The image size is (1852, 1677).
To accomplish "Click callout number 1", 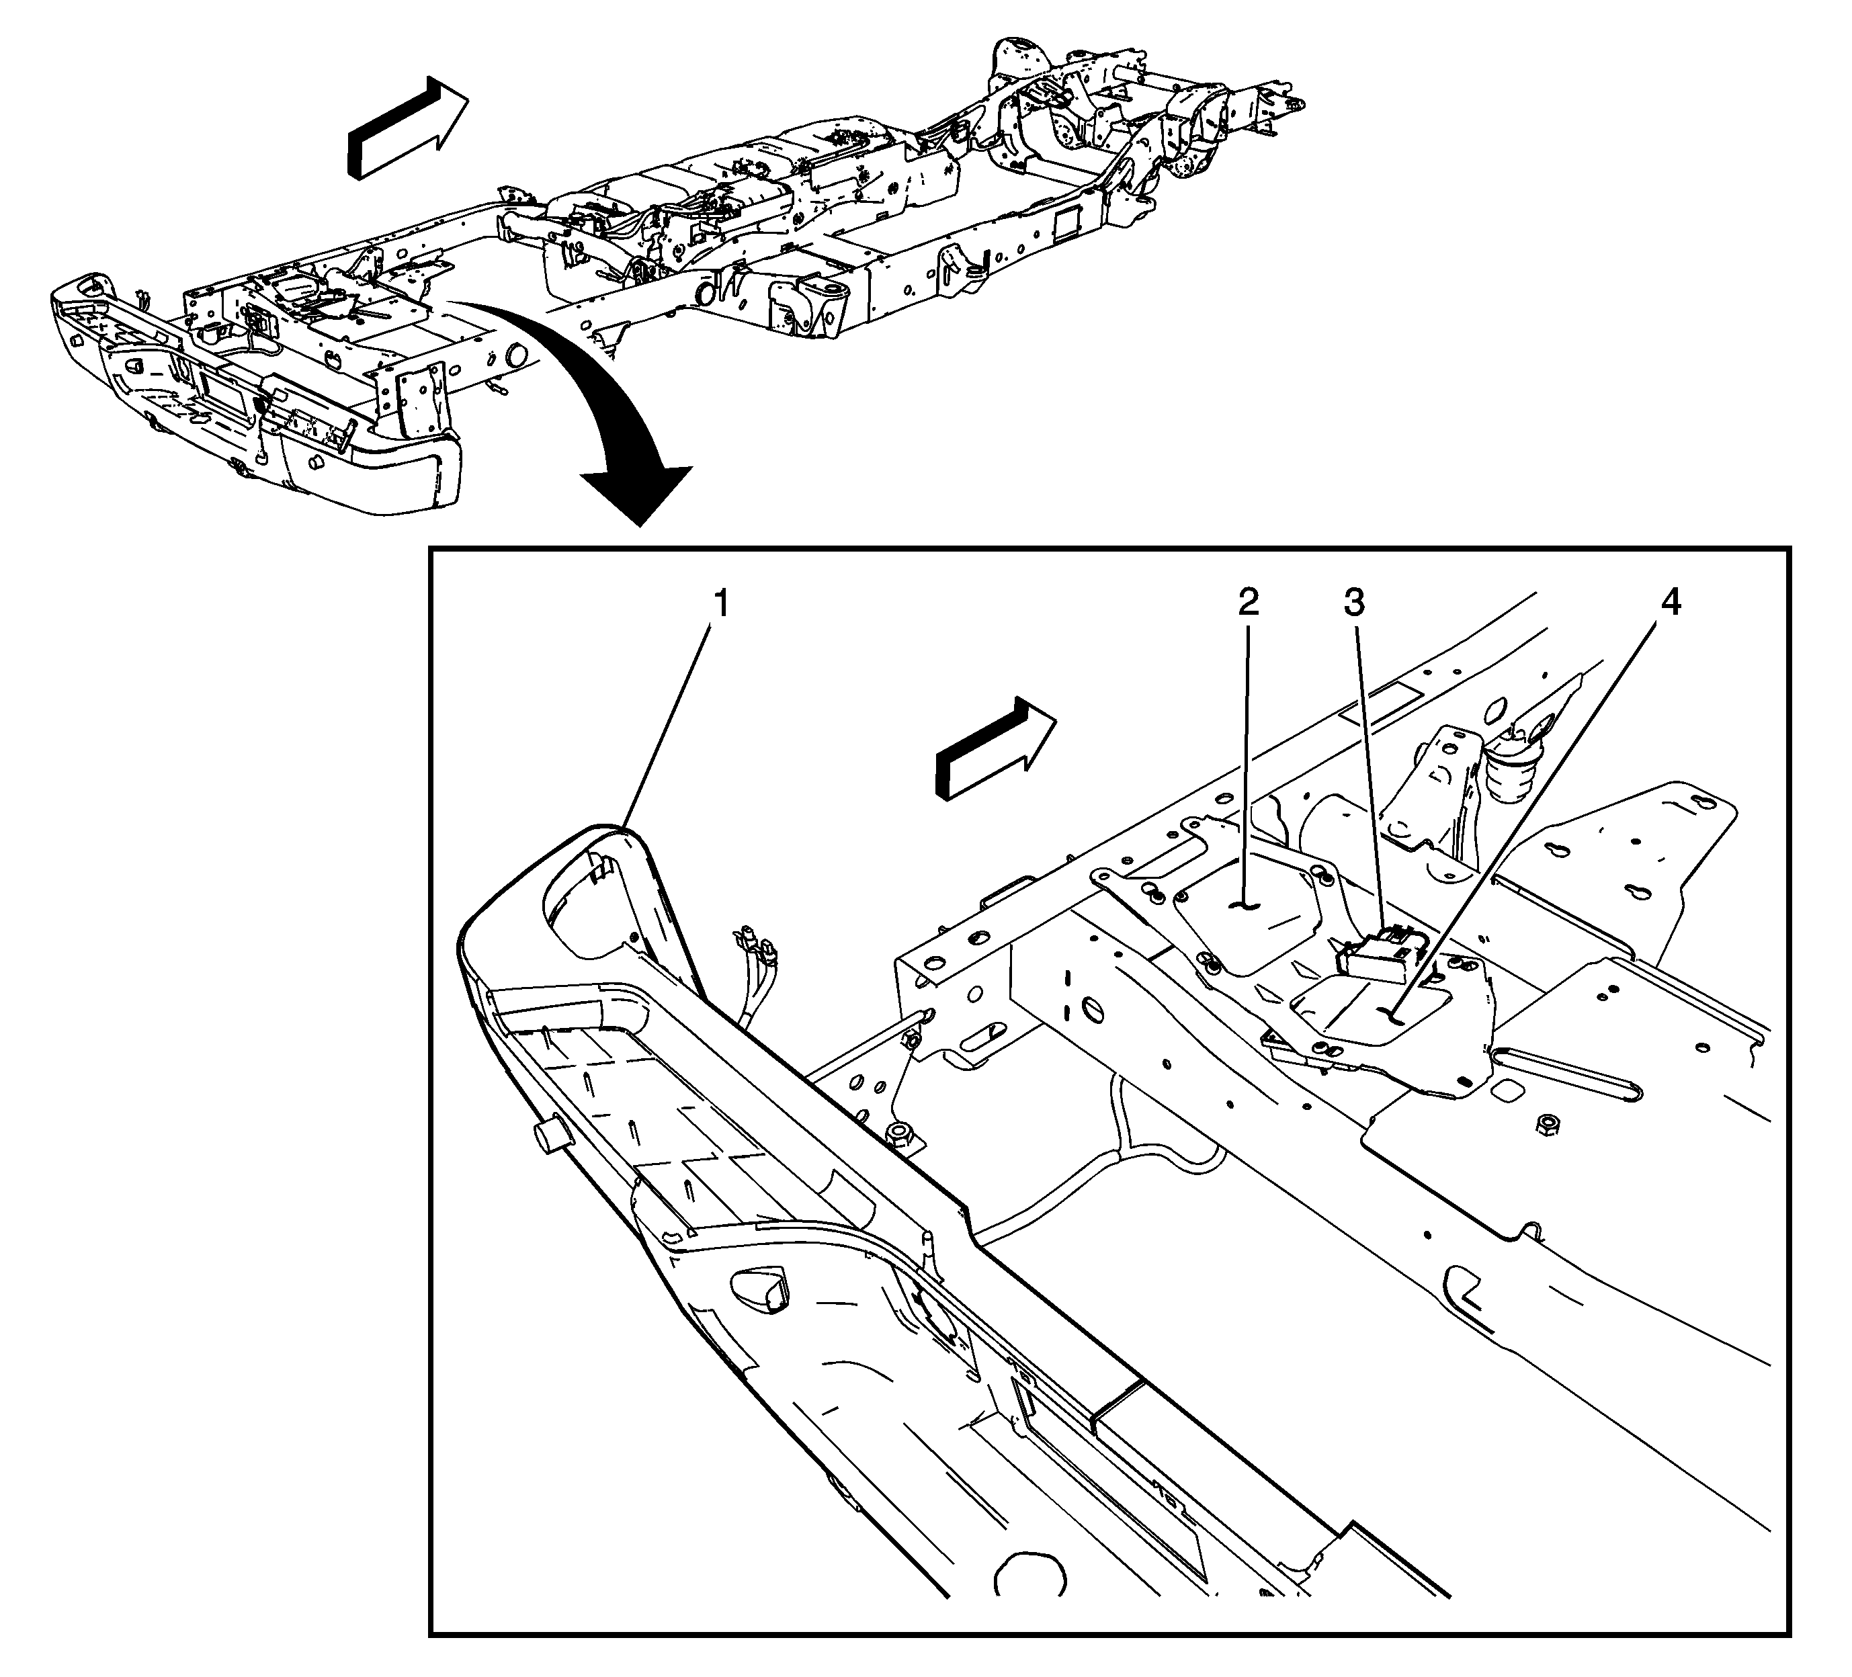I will tap(722, 604).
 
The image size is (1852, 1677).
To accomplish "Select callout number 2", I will tap(1247, 603).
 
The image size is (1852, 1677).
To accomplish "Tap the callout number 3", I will tap(1354, 603).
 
